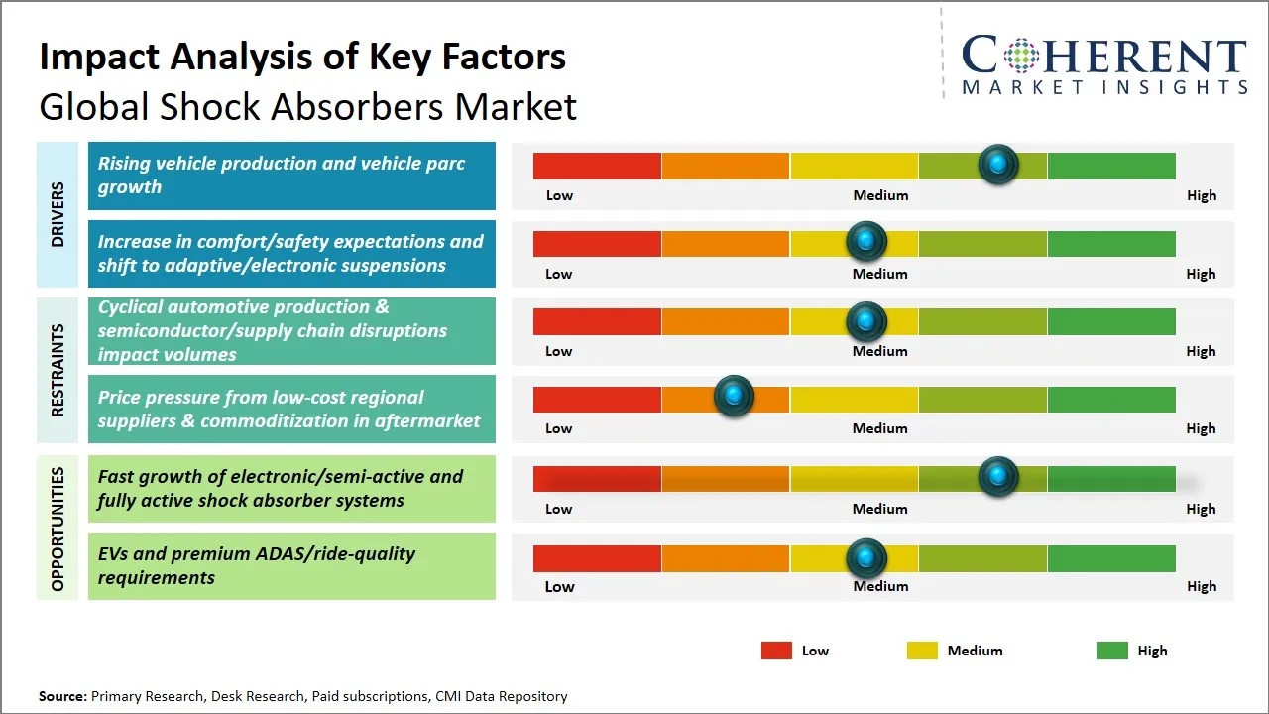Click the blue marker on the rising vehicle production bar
point(998,165)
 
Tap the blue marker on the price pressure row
point(734,397)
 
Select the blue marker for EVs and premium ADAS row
point(866,558)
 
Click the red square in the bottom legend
point(776,651)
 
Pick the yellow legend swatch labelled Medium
point(922,651)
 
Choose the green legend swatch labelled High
point(1112,651)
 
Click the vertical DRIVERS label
point(58,214)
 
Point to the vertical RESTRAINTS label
point(58,370)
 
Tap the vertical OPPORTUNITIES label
point(58,529)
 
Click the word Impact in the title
point(96,58)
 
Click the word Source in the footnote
point(62,696)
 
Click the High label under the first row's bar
point(1202,195)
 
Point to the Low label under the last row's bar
point(559,586)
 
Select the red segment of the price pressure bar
point(597,399)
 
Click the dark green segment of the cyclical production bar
point(1110,321)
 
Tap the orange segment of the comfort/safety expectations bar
point(725,243)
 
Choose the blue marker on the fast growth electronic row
point(998,477)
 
